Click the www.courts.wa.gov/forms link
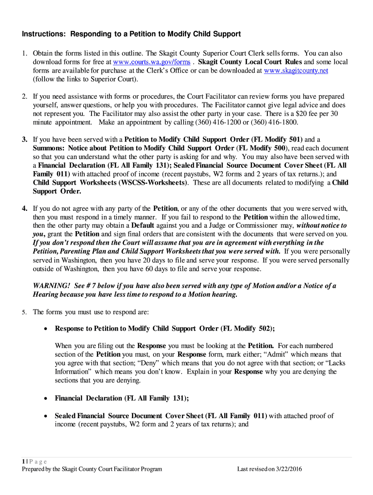(152, 62)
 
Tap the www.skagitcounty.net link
(296, 71)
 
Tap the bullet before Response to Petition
(46, 329)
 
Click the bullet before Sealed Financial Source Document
(46, 416)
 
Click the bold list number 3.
(24, 140)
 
